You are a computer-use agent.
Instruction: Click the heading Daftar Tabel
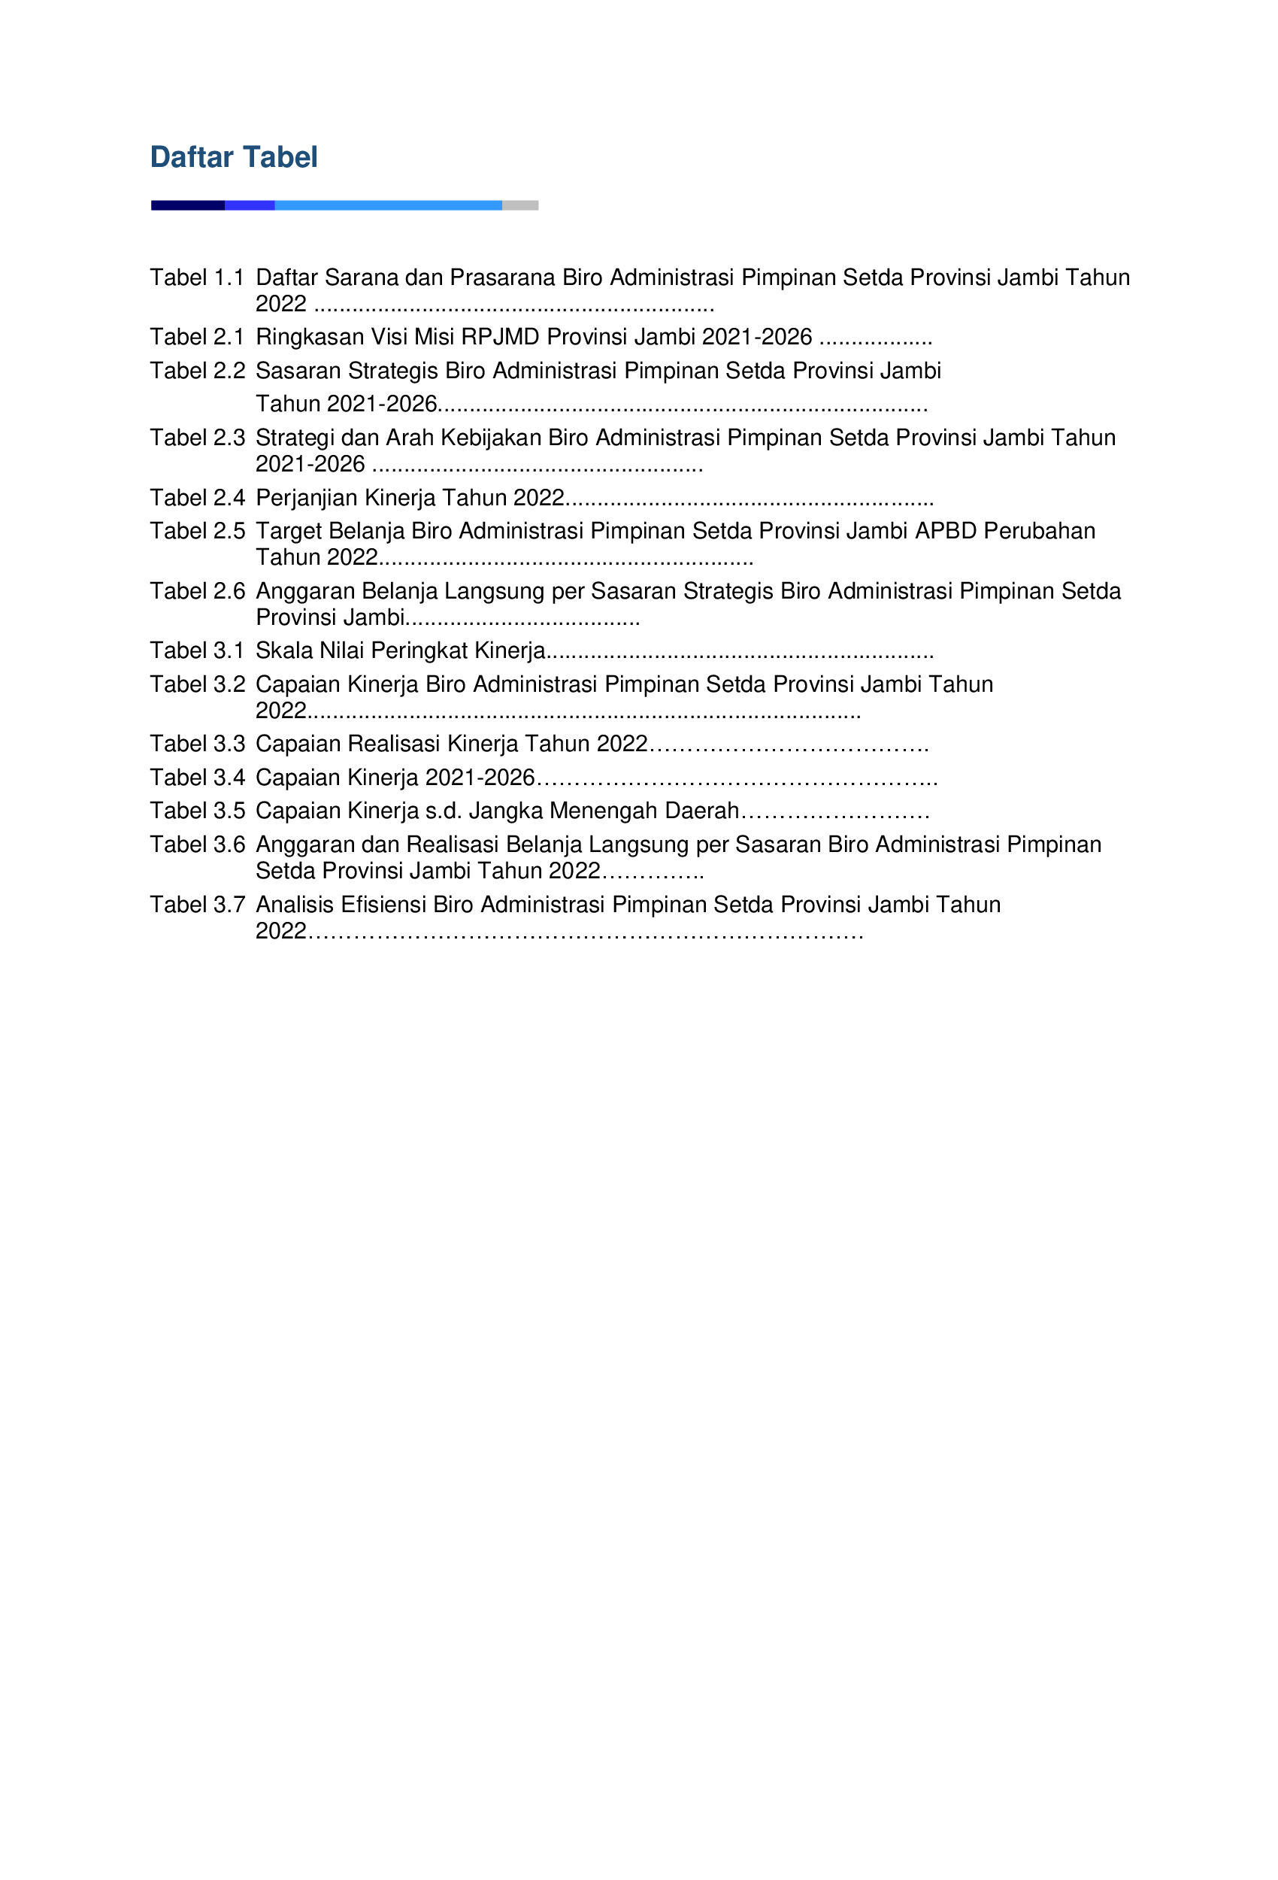coord(234,157)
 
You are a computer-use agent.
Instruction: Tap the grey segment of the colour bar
coord(520,205)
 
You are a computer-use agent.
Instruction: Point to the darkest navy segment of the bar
coord(188,205)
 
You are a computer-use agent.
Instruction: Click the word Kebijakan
coord(492,438)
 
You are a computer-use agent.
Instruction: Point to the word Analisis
coord(295,905)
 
